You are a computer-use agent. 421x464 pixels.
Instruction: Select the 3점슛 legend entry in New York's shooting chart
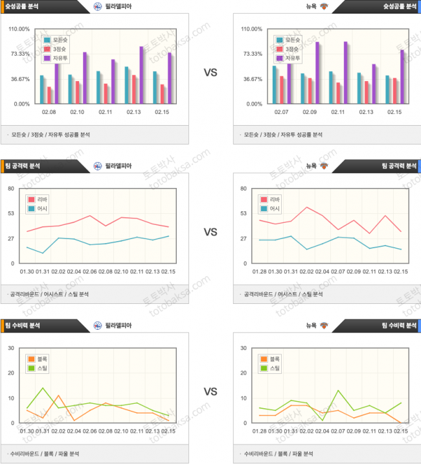(291, 49)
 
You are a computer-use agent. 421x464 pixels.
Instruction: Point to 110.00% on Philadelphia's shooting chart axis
(20, 29)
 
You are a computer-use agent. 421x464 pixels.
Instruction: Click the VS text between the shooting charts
(210, 73)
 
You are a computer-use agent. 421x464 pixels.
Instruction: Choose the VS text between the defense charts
(210, 391)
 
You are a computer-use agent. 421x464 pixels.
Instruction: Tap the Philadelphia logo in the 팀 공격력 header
(98, 165)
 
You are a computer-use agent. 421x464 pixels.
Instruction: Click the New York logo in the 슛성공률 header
(324, 6)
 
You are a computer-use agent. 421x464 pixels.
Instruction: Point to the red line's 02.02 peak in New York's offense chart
(306, 207)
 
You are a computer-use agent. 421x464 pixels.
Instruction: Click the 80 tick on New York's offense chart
(243, 189)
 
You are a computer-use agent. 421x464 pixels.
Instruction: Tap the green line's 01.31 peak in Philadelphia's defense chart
(43, 388)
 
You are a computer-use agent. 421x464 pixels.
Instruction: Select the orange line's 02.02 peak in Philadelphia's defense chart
(58, 395)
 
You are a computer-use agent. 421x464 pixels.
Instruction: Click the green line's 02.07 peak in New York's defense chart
(338, 390)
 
